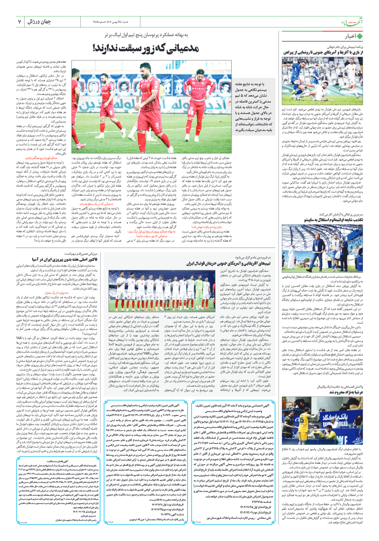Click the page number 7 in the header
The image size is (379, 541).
[20, 22]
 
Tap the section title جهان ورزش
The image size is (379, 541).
[39, 22]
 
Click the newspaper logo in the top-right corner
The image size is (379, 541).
[352, 22]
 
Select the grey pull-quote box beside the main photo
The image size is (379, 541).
[254, 107]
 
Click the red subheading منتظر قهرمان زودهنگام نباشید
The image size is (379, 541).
[41, 158]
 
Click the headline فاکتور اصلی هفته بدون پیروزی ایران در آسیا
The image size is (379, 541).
[65, 259]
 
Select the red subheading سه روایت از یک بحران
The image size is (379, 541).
[57, 293]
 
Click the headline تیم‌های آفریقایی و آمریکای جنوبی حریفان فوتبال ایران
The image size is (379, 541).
[228, 264]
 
